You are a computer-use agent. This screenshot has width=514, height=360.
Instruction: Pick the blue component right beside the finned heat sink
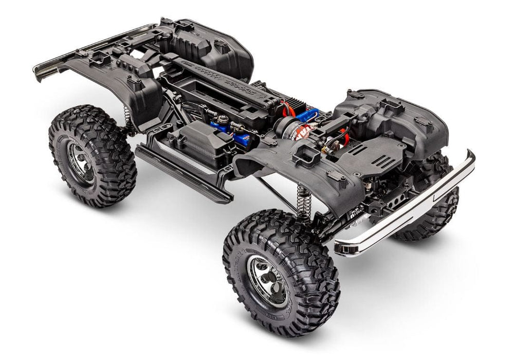point(308,115)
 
